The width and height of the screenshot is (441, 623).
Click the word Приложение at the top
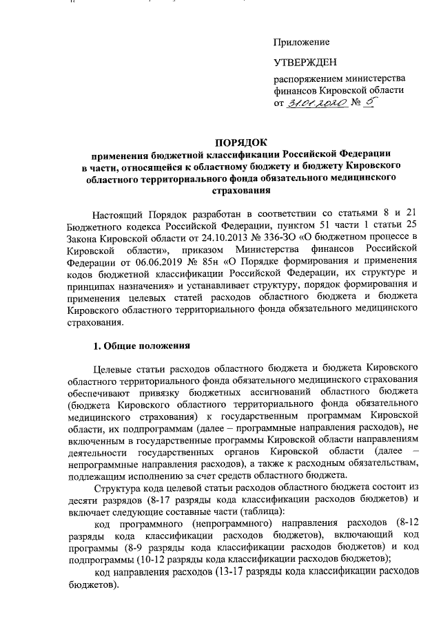302,43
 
